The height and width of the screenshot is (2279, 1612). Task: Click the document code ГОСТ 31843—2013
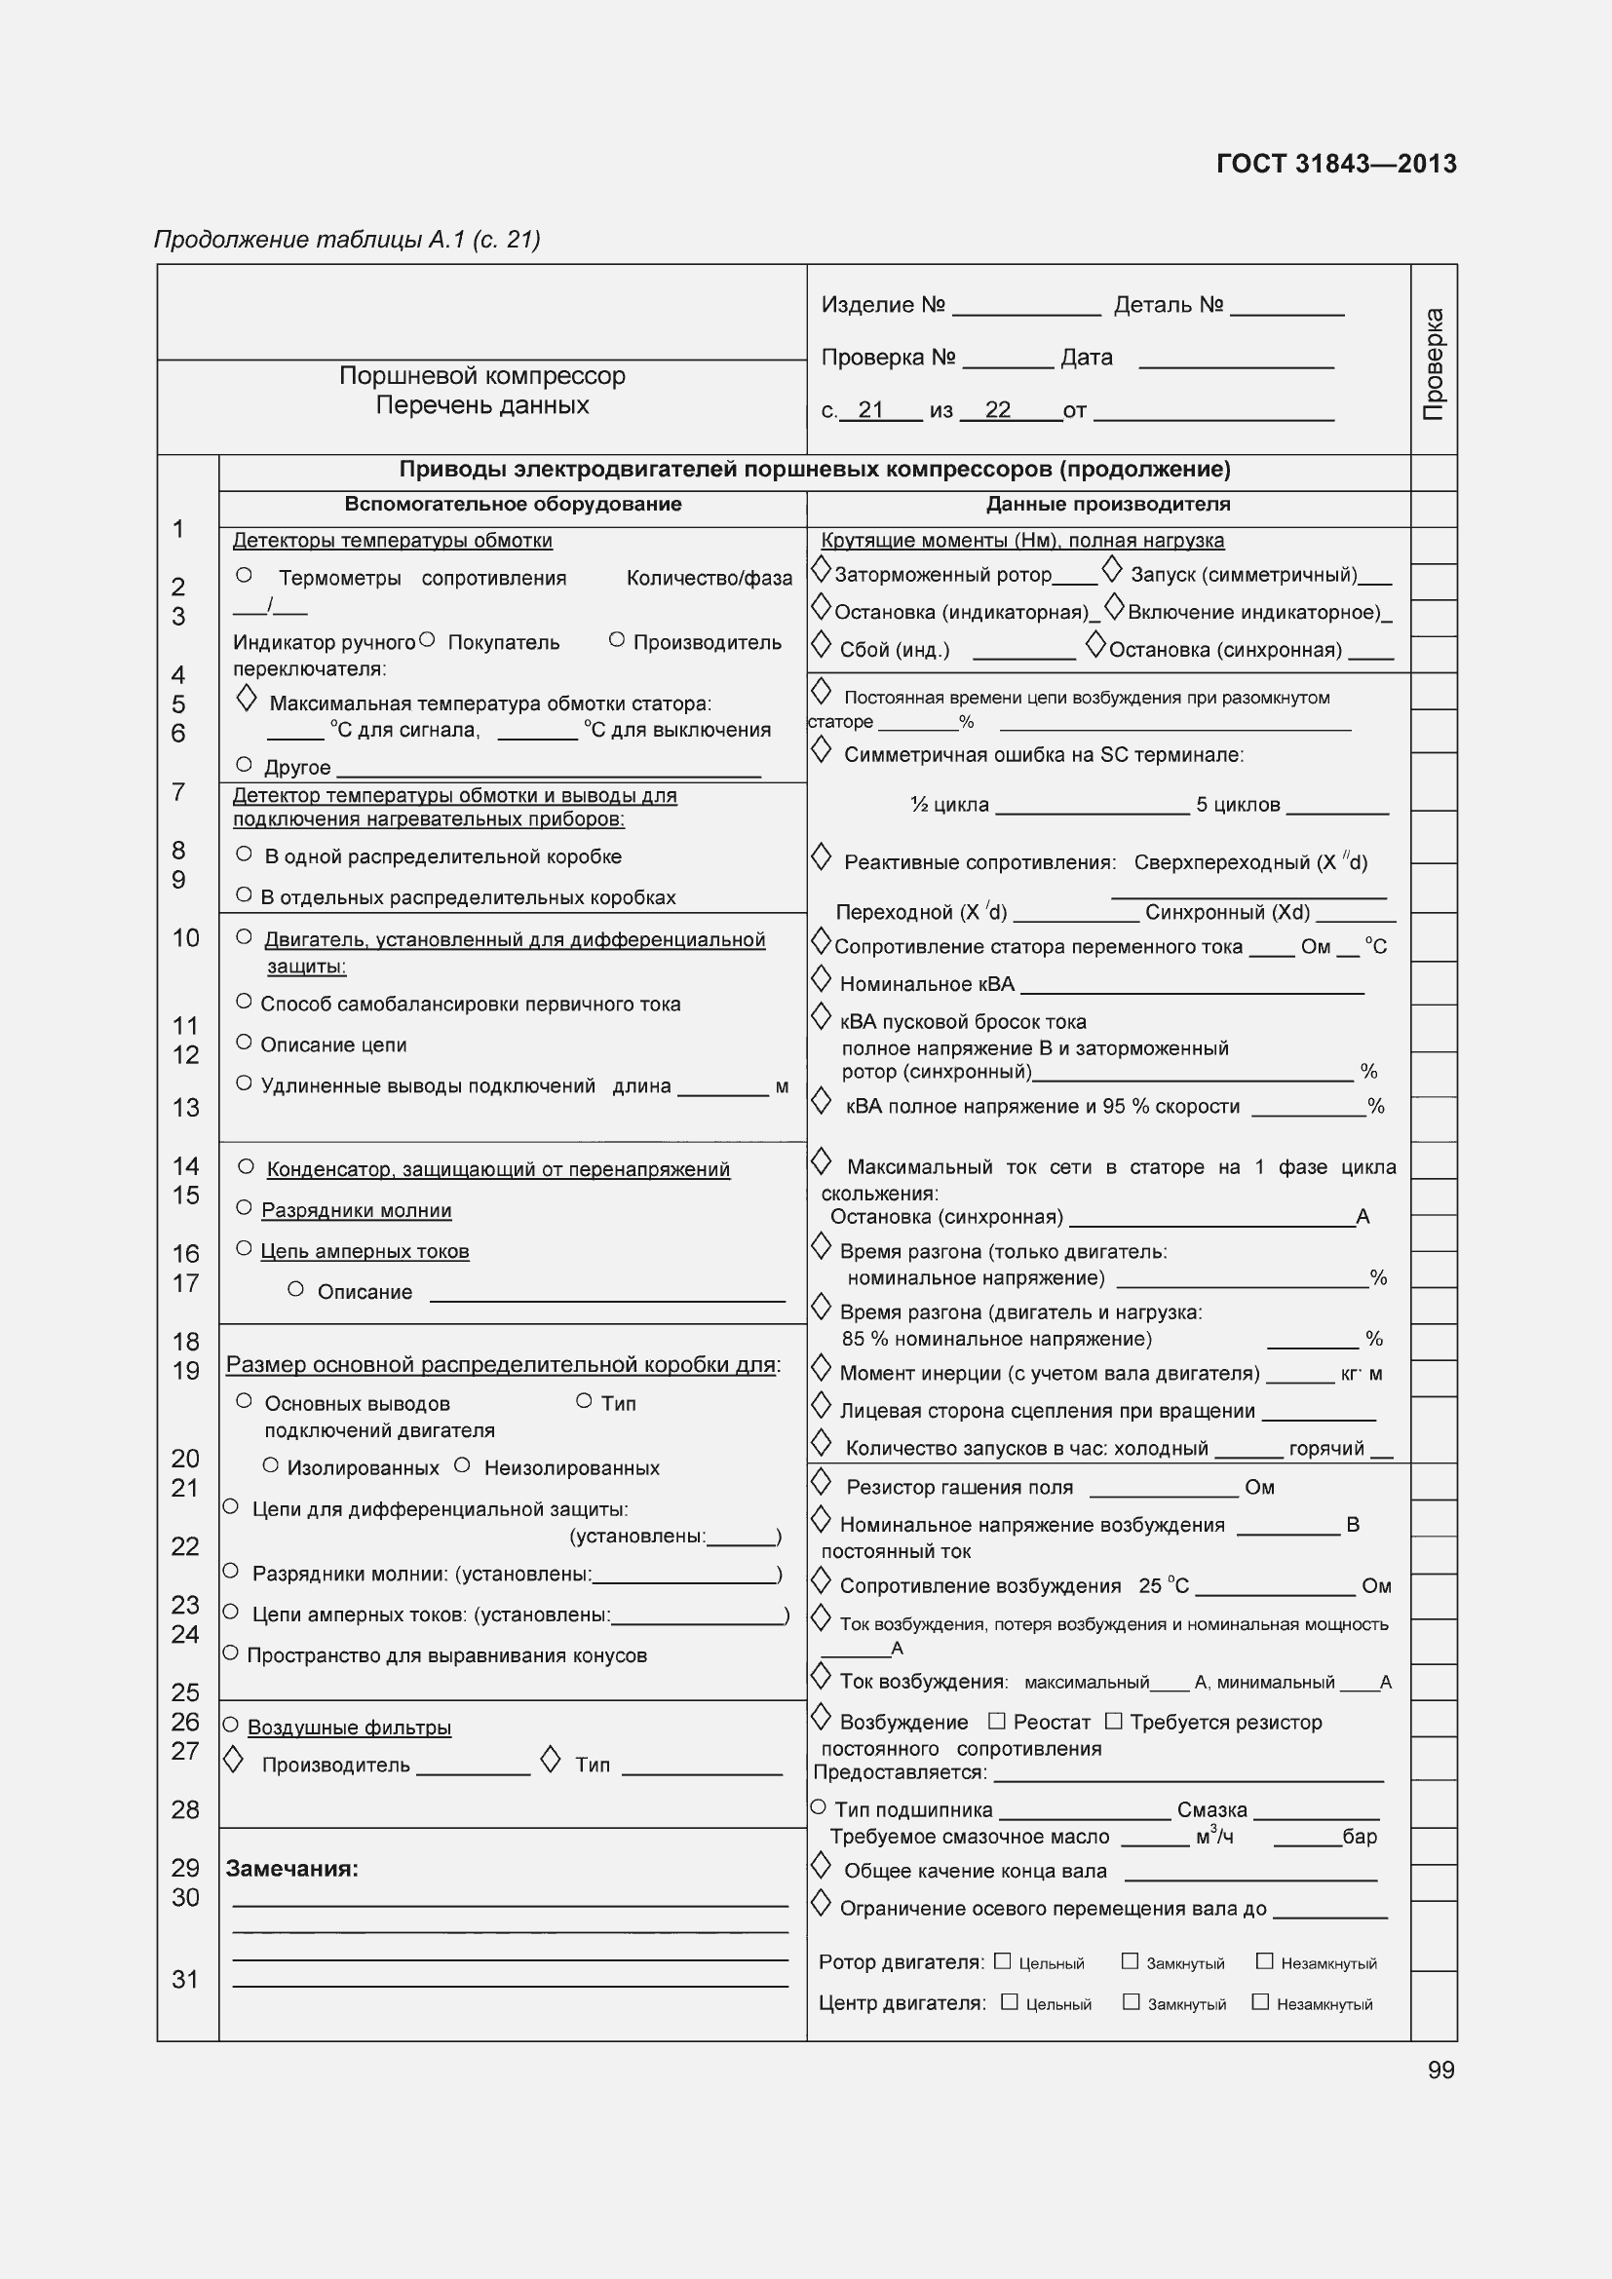(x=1335, y=164)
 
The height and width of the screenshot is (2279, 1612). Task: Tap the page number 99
(x=1440, y=2070)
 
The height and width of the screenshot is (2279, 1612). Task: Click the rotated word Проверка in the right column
(x=1434, y=363)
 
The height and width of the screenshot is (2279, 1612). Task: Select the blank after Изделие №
(x=1025, y=308)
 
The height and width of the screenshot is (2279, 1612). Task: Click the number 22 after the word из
(x=998, y=410)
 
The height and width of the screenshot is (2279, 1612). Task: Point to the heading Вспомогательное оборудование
(x=513, y=505)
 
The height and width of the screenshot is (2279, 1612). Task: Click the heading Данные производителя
(x=1108, y=505)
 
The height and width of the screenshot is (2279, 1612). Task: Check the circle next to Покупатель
(x=427, y=640)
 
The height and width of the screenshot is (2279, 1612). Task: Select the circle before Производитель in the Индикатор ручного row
(x=616, y=640)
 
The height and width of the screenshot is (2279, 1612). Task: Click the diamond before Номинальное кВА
(x=821, y=981)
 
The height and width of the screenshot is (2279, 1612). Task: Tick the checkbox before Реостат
(x=997, y=1720)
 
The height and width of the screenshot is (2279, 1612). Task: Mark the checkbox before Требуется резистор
(x=1114, y=1720)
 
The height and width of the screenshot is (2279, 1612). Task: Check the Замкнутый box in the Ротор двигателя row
(x=1130, y=1960)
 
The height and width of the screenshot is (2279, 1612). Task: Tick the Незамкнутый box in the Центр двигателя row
(x=1260, y=2001)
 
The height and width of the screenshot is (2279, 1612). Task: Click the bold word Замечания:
(x=291, y=1869)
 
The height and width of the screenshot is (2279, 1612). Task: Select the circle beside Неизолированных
(x=462, y=1465)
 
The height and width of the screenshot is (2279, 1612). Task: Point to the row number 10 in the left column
(x=185, y=938)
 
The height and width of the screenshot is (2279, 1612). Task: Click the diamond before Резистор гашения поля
(x=821, y=1483)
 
